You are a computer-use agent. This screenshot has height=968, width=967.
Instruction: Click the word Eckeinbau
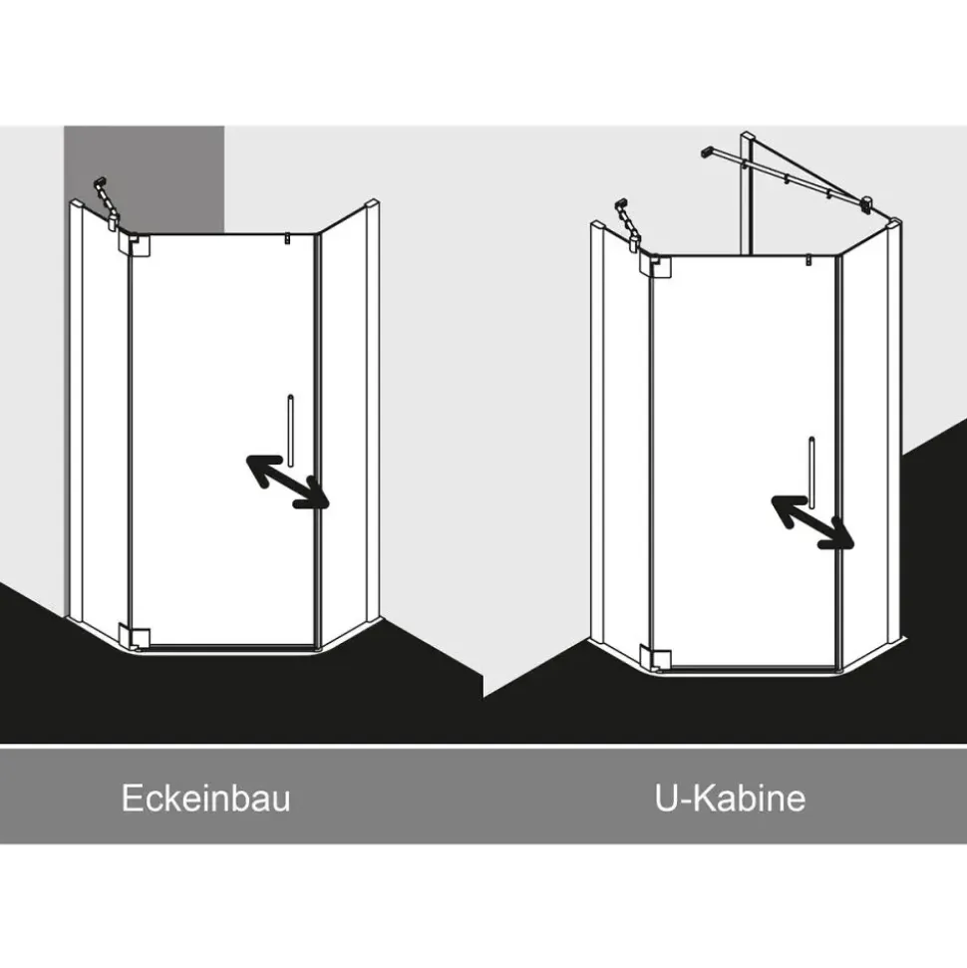[205, 798]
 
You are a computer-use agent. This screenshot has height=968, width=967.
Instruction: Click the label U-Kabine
[730, 798]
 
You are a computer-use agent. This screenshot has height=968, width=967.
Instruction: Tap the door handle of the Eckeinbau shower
[290, 431]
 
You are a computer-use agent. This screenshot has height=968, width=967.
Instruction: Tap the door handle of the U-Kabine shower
[811, 473]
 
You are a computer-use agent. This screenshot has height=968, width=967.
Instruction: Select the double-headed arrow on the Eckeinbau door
[288, 482]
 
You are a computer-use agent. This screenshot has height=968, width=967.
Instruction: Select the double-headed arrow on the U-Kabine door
[812, 522]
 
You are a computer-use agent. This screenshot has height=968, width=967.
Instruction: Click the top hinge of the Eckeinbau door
[136, 245]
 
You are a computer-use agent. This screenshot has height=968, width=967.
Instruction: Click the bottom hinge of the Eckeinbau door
[136, 638]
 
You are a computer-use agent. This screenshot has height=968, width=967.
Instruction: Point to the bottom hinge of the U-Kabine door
[656, 658]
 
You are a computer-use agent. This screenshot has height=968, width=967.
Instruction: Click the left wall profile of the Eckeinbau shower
[76, 410]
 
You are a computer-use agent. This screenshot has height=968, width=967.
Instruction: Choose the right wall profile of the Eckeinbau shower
[373, 410]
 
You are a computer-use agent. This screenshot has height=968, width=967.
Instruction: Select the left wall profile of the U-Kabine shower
[597, 432]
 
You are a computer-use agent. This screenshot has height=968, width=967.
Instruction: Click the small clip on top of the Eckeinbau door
[287, 239]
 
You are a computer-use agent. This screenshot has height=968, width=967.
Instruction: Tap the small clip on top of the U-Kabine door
[808, 260]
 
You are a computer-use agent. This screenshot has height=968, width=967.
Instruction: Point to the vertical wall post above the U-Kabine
[747, 192]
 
